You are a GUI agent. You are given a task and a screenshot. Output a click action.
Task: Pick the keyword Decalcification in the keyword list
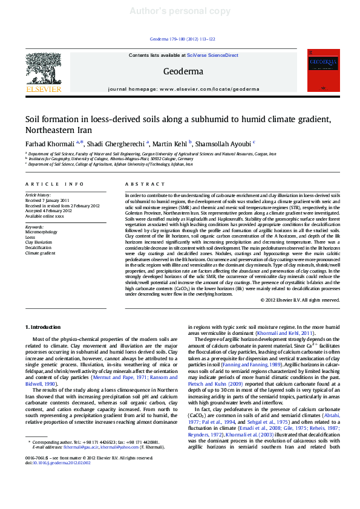coord(38,248)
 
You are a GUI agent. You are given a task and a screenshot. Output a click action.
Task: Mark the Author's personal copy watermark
coord(180,11)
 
